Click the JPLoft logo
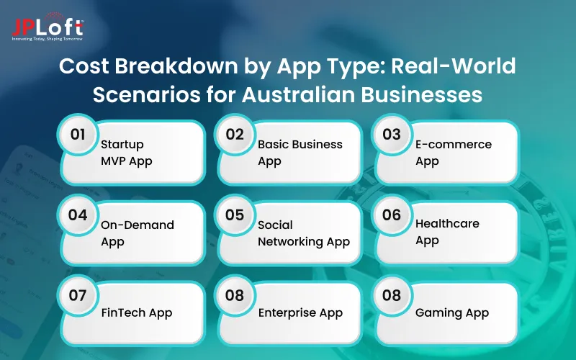[x=48, y=29]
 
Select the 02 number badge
[x=234, y=135]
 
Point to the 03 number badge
[x=392, y=135]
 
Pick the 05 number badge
[x=234, y=215]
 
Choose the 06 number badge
[x=392, y=215]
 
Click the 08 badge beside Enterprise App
[x=234, y=296]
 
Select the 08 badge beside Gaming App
[x=392, y=296]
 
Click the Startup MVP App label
[x=127, y=153]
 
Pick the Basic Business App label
[x=300, y=153]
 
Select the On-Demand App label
[x=138, y=233]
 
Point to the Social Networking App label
[x=304, y=233]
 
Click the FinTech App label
[x=137, y=312]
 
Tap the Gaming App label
[x=452, y=312]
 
